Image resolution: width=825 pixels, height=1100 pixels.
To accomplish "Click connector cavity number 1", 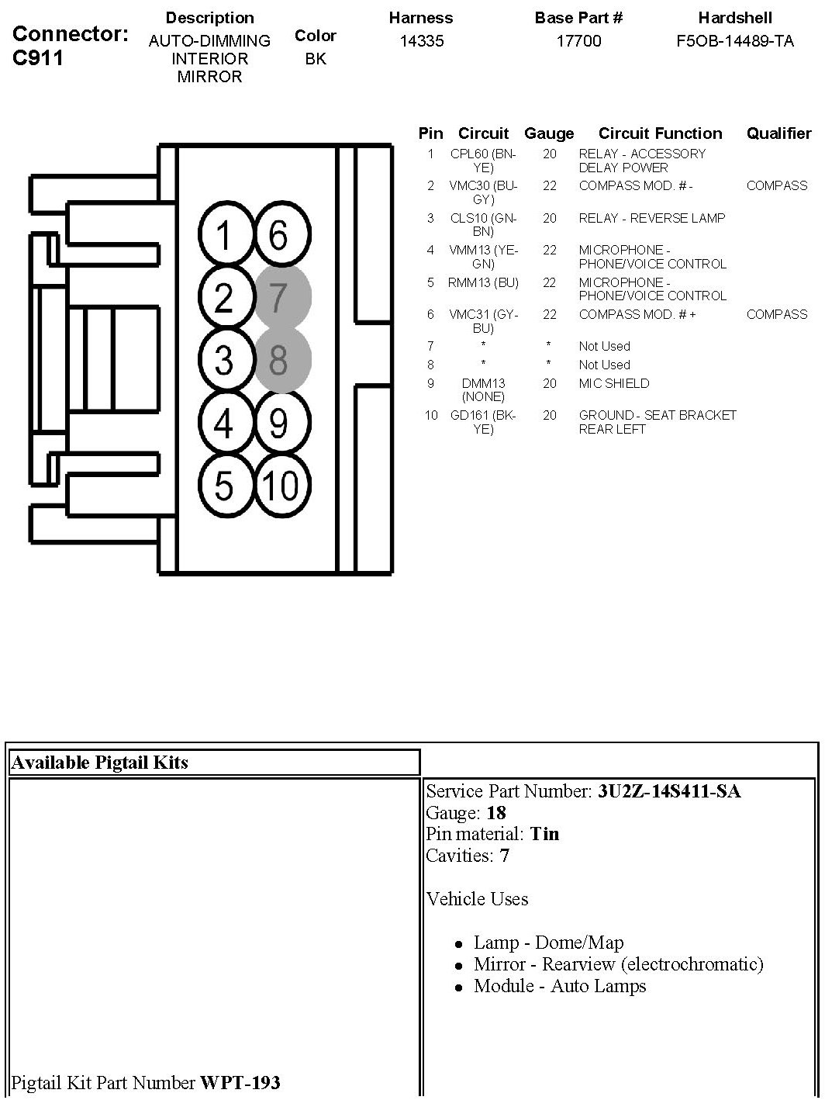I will point(224,235).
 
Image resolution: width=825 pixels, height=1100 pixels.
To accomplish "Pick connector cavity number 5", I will point(224,486).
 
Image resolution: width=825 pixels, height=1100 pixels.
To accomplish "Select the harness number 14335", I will point(422,41).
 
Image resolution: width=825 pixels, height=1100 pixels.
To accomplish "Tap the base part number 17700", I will point(578,41).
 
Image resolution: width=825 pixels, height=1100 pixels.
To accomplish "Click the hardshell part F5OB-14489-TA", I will point(735,41).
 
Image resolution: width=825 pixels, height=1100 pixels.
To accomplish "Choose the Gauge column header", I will point(549,133).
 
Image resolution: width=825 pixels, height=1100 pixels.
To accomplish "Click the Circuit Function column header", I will point(660,133).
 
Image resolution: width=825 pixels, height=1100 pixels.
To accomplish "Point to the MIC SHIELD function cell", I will point(614,383).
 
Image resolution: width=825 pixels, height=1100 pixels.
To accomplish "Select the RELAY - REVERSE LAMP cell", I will point(651,218).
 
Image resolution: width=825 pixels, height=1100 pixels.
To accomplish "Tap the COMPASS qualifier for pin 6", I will point(777,314).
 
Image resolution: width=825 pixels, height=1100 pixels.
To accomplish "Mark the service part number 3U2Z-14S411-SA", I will point(669,791).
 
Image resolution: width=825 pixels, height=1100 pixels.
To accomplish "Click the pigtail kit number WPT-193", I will point(240,1082).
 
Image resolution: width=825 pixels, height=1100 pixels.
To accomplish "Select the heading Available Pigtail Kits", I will point(99,762).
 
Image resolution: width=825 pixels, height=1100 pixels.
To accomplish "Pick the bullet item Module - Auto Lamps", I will point(560,986).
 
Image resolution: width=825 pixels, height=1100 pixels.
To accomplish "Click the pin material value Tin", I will point(544,834).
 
